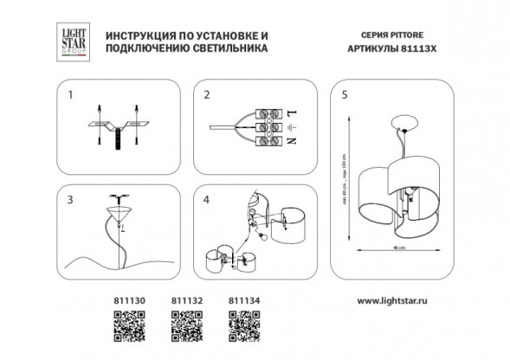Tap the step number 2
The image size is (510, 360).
click(x=206, y=94)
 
